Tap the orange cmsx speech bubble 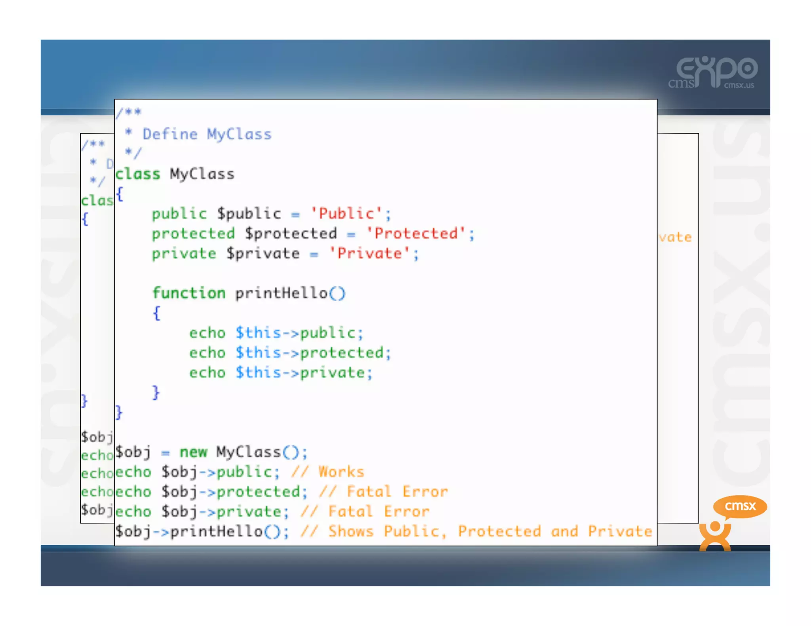(740, 506)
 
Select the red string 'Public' (346, 214)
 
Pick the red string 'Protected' (416, 233)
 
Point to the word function (189, 293)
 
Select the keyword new (193, 452)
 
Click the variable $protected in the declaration (291, 233)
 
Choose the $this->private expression (304, 373)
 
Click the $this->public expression (299, 333)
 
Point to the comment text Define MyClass (207, 134)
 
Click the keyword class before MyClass (138, 174)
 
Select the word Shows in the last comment (351, 531)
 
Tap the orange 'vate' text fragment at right (675, 237)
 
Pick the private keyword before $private (184, 253)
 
